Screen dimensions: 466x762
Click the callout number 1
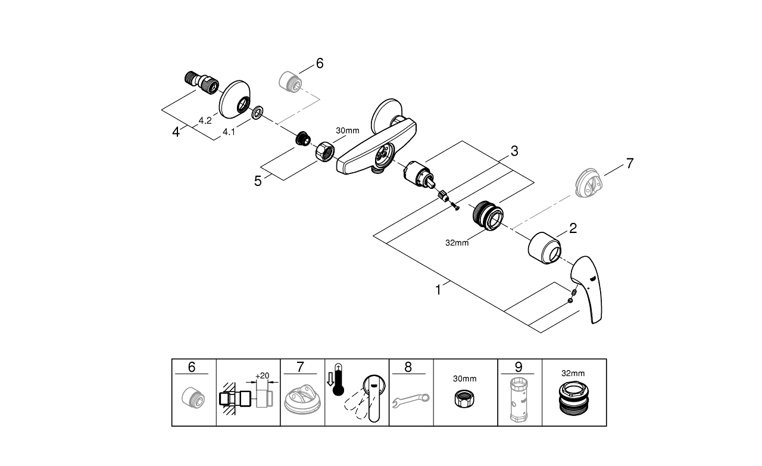(438, 290)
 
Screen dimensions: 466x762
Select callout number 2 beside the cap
(572, 228)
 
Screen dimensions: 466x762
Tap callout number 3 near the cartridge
(514, 151)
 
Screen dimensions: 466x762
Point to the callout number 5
(258, 181)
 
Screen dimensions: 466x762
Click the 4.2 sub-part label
(205, 120)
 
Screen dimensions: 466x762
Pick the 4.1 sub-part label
(229, 132)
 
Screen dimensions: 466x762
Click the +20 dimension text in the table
(262, 376)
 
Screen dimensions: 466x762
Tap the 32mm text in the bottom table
(573, 373)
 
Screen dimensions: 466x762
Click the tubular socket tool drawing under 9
(519, 400)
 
